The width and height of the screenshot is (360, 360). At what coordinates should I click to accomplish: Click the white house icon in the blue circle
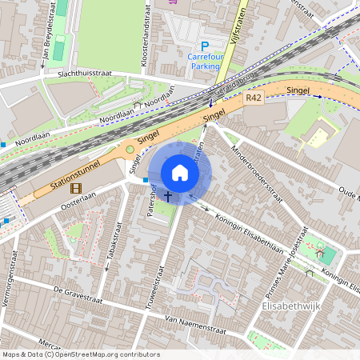180,172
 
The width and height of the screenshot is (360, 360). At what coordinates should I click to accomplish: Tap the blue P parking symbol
204,46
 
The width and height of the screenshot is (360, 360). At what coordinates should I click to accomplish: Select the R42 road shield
254,98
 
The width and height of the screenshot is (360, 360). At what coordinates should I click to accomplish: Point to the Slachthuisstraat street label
78,73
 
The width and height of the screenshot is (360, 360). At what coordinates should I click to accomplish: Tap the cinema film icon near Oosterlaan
75,189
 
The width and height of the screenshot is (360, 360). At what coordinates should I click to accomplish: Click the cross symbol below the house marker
168,195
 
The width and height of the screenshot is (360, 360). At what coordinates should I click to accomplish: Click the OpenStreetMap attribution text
80,354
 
